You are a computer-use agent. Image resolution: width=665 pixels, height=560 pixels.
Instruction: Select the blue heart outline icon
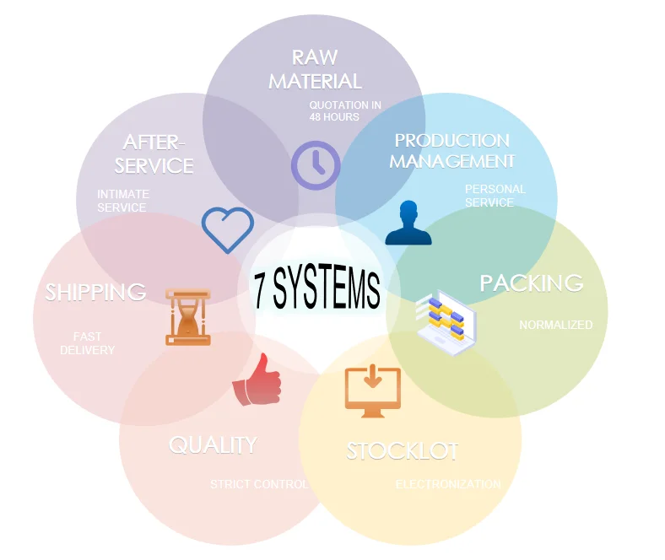pyautogui.click(x=228, y=229)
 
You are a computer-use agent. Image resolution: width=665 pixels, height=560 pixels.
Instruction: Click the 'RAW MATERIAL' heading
pyautogui.click(x=315, y=69)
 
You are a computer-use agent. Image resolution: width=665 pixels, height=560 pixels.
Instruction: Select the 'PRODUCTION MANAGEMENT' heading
pyautogui.click(x=451, y=150)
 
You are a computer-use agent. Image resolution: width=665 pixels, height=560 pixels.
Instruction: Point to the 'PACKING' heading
pyautogui.click(x=532, y=283)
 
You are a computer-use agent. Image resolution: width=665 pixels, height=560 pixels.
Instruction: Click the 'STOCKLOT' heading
pyautogui.click(x=403, y=451)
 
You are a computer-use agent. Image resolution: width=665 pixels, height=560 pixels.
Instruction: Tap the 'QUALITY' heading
pyautogui.click(x=213, y=444)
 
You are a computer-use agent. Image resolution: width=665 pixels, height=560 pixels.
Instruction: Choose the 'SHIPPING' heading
pyautogui.click(x=95, y=293)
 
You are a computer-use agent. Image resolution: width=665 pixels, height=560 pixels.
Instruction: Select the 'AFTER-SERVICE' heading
pyautogui.click(x=154, y=153)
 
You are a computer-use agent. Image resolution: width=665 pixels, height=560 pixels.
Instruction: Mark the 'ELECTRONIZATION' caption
pyautogui.click(x=448, y=484)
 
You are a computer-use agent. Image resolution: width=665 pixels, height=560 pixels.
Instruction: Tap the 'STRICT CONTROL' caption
pyautogui.click(x=259, y=484)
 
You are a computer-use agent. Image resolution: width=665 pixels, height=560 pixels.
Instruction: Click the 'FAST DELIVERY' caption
pyautogui.click(x=87, y=343)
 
